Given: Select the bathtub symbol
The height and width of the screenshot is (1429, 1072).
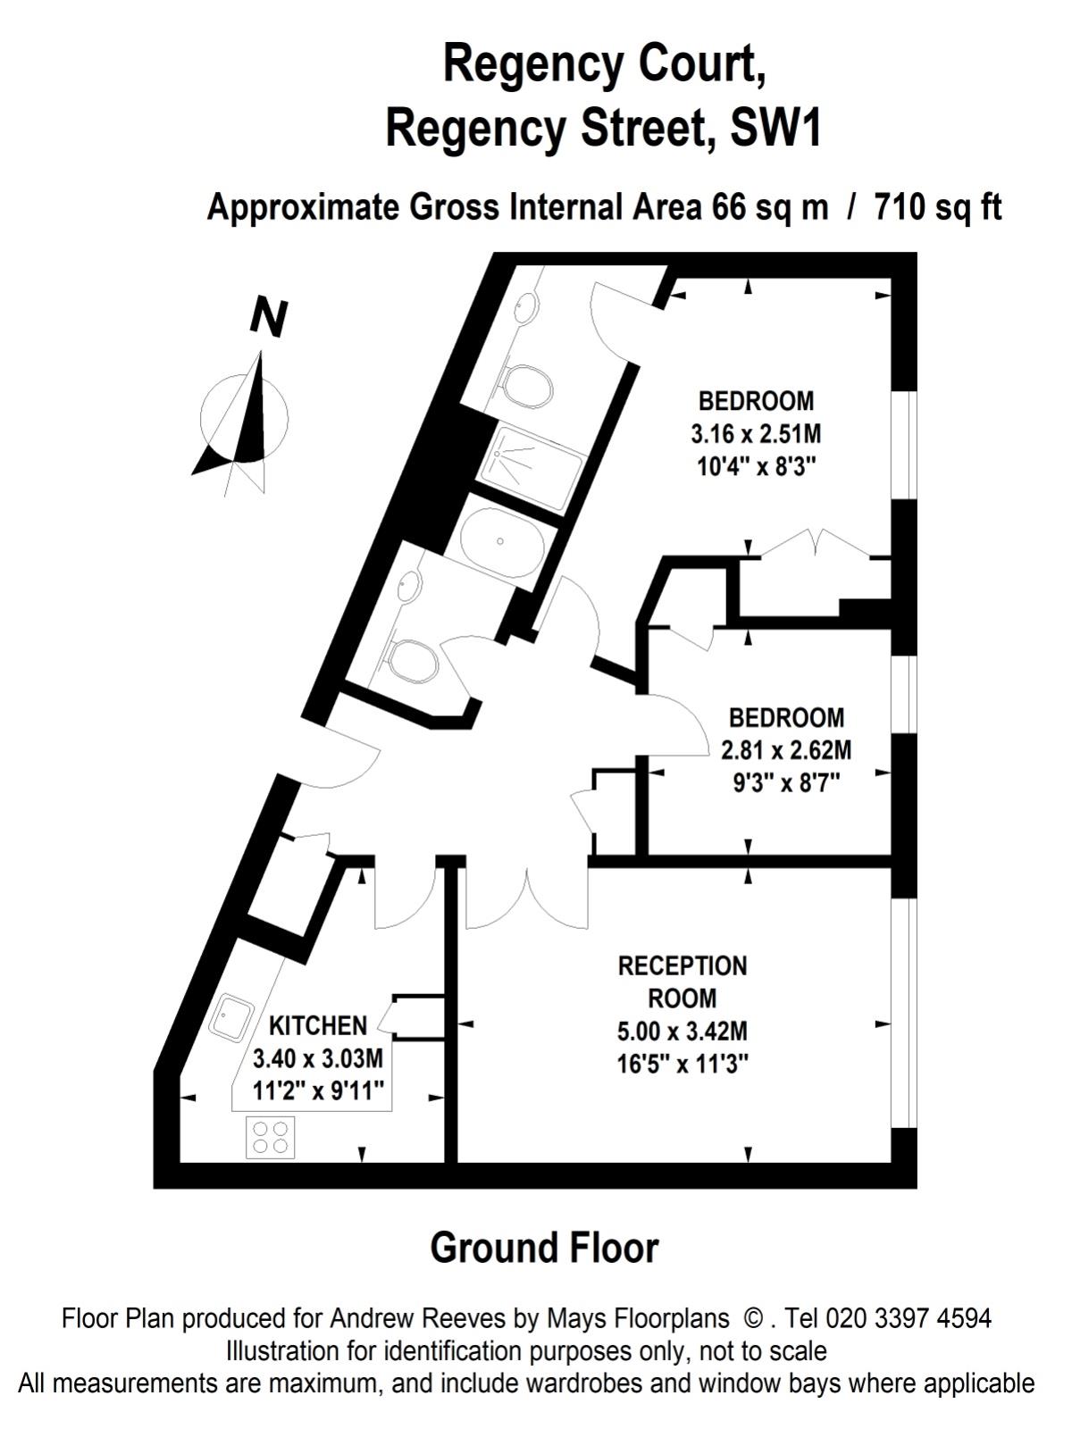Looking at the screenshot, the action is pyautogui.click(x=502, y=541).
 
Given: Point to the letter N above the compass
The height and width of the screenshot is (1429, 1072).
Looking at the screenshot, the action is pyautogui.click(x=269, y=318).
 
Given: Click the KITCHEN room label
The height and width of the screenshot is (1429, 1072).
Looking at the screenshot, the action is pyautogui.click(x=318, y=1026).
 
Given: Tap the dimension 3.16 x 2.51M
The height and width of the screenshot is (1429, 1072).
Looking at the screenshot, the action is pyautogui.click(x=756, y=433).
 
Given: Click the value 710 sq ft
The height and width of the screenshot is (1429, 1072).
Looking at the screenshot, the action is pyautogui.click(x=938, y=208).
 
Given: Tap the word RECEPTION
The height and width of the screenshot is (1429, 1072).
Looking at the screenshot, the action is pyautogui.click(x=683, y=966).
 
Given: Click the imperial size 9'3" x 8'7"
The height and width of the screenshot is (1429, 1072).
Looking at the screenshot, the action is pyautogui.click(x=786, y=783).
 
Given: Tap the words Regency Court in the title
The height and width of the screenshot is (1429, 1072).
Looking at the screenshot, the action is pyautogui.click(x=604, y=65).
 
